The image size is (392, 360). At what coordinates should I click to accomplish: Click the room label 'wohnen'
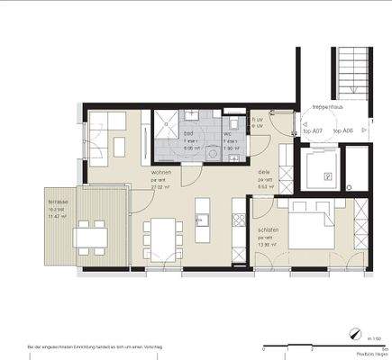pos(161,171)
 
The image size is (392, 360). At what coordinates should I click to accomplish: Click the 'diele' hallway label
pos(264,171)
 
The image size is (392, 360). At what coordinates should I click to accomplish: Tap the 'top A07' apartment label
pos(314,131)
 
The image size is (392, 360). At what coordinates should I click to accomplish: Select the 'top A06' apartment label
pos(342,131)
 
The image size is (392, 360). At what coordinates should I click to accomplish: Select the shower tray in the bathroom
pos(167,130)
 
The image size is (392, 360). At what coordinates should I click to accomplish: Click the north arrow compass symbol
pos(368,328)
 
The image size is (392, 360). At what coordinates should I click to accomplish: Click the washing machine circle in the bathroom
pos(213,154)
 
